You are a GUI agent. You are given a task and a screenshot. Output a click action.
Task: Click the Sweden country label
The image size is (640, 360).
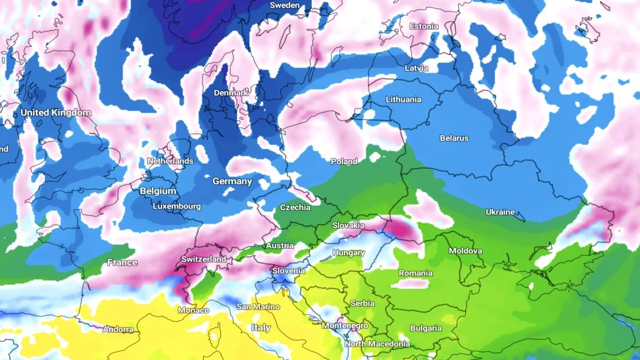pyautogui.click(x=284, y=5)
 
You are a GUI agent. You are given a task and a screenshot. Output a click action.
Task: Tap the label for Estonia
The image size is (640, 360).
pyautogui.click(x=423, y=26)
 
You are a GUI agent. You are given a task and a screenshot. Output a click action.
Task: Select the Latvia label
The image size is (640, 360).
pyautogui.click(x=417, y=68)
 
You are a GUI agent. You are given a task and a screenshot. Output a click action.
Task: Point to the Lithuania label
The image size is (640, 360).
pyautogui.click(x=403, y=100)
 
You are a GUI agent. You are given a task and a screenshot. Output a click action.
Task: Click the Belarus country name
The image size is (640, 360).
pyautogui.click(x=454, y=138)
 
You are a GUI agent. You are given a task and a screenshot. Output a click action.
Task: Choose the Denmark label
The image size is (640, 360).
pyautogui.click(x=230, y=93)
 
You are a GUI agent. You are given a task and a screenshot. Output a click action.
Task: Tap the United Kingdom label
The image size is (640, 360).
pyautogui.click(x=56, y=113)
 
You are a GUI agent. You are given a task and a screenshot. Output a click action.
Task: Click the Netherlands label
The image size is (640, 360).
pyautogui.click(x=170, y=161)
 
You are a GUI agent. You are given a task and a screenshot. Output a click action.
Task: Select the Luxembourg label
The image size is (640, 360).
pyautogui.click(x=177, y=206)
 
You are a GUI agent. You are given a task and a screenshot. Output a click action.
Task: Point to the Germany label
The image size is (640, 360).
pyautogui.click(x=232, y=181)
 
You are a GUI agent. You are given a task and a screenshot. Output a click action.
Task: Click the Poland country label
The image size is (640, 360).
pyautogui.click(x=344, y=161)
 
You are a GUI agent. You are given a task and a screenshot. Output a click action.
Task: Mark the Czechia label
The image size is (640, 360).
pyautogui.click(x=295, y=207)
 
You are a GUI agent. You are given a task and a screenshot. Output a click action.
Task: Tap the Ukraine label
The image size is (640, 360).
pyautogui.click(x=500, y=212)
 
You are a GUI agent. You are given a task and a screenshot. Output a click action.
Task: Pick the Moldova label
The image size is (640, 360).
pyautogui.click(x=465, y=251)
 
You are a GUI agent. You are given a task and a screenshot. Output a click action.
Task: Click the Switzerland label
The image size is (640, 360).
pyautogui.click(x=203, y=259)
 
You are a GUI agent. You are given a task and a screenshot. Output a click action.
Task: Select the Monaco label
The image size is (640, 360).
pyautogui.click(x=194, y=310)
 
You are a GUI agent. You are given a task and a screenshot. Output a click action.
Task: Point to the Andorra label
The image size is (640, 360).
pyautogui.click(x=118, y=330)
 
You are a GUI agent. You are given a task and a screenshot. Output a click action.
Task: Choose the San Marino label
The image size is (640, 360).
pyautogui.click(x=258, y=307)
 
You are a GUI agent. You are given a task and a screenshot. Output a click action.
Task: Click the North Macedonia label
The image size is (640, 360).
pyautogui.click(x=377, y=344)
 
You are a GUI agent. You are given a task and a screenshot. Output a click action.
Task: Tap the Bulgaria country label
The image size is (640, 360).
pyautogui.click(x=426, y=329)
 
